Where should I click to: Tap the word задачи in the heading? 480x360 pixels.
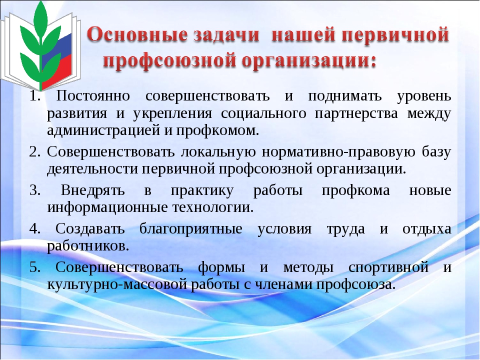point(226,35)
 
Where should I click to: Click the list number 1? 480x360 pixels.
point(35,96)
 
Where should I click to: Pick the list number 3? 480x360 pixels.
point(35,190)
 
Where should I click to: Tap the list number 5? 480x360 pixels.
point(35,267)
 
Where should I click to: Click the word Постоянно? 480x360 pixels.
point(93,96)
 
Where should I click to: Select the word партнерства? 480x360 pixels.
point(356,113)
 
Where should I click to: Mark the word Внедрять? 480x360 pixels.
point(93,190)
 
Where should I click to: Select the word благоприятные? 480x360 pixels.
point(191,229)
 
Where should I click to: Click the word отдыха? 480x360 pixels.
point(426,229)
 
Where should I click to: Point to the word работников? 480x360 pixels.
point(88,246)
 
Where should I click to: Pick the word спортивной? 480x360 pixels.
point(388,267)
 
